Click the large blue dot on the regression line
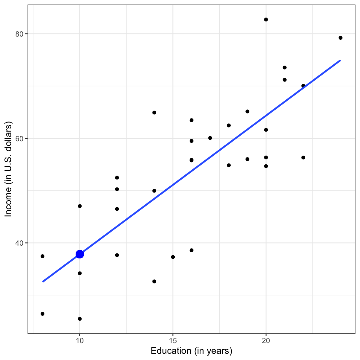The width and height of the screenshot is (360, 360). click(80, 254)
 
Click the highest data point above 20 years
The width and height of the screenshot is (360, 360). click(266, 19)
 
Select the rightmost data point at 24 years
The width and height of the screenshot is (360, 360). click(340, 38)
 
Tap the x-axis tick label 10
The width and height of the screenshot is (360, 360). click(80, 341)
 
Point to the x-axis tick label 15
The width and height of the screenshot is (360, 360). click(173, 341)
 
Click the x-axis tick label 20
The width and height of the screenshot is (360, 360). click(266, 341)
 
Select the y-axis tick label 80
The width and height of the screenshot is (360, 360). click(20, 34)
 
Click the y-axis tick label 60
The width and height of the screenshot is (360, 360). click(20, 138)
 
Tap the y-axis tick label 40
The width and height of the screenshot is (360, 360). click(20, 243)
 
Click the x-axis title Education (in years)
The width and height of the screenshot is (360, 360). click(191, 351)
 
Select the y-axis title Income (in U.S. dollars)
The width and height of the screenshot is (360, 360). click(8, 169)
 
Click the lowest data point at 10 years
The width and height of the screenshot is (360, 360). click(80, 319)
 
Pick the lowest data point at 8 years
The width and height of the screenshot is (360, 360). click(42, 314)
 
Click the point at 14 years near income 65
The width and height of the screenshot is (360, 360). click(154, 112)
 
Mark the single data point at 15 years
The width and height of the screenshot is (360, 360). click(173, 257)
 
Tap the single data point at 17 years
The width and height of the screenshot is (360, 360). click(210, 138)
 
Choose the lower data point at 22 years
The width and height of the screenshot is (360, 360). click(303, 157)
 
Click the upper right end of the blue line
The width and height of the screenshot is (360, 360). click(340, 60)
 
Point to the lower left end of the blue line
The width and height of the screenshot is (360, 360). click(43, 282)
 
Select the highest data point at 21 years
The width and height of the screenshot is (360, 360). click(284, 67)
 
